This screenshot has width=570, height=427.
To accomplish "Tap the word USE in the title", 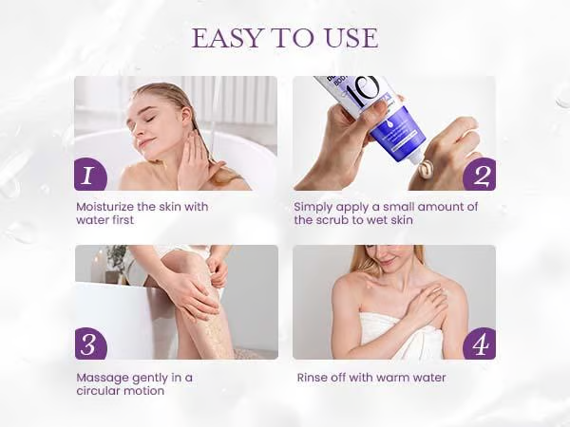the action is pos(351,38).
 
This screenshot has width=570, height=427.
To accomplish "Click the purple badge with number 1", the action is pos(90,175).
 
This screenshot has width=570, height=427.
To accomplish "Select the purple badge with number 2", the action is pos(480,175).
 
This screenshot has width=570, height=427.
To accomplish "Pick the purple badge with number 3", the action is pos(91,343).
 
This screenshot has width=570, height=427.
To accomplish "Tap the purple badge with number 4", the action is pos(480,343).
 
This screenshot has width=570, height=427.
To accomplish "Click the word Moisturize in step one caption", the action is pos(104,207).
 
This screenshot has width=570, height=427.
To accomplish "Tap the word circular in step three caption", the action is pos(99,391).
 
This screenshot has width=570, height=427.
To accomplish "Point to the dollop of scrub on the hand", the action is pos(426,170).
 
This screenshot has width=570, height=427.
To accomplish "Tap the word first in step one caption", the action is pos(121,220).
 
